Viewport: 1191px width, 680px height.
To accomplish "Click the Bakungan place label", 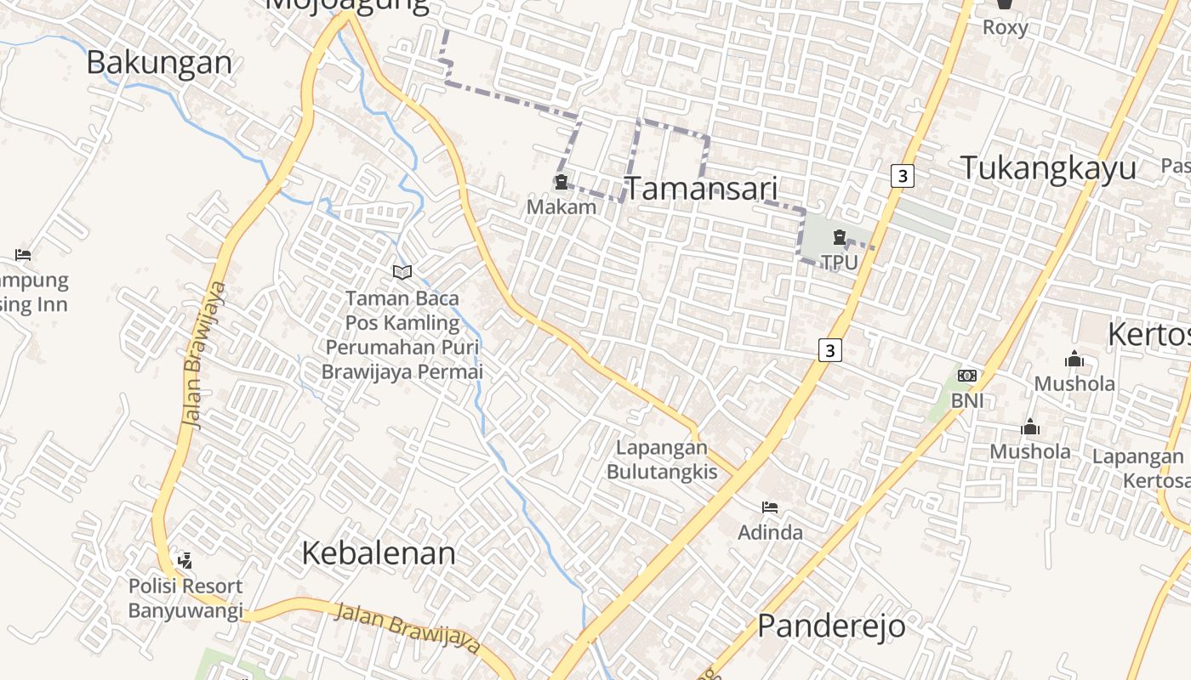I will [159, 63].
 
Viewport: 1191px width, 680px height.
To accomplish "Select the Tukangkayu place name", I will [1048, 168].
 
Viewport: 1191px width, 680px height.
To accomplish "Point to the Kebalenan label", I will [379, 553].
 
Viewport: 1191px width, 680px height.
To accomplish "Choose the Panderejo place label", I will [831, 626].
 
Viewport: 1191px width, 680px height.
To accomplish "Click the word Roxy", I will [1005, 27].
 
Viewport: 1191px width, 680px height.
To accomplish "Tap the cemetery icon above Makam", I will [561, 182].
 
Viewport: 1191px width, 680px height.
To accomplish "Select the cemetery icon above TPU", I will [840, 237].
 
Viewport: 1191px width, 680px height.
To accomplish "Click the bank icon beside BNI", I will [966, 376].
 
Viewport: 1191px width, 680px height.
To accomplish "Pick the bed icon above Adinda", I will [770, 508].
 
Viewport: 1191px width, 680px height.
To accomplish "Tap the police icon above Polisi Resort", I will [185, 560].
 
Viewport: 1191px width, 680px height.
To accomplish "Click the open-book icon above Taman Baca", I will [402, 272].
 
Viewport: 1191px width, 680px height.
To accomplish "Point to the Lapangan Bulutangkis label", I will [662, 459].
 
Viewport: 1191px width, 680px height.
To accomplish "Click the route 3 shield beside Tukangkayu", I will [902, 176].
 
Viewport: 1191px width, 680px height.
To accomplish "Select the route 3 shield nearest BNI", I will [830, 349].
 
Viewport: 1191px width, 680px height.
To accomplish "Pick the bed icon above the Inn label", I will [23, 254].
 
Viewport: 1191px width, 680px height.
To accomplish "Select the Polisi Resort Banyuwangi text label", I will [185, 598].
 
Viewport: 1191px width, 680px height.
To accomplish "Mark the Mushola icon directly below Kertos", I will [1074, 359].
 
